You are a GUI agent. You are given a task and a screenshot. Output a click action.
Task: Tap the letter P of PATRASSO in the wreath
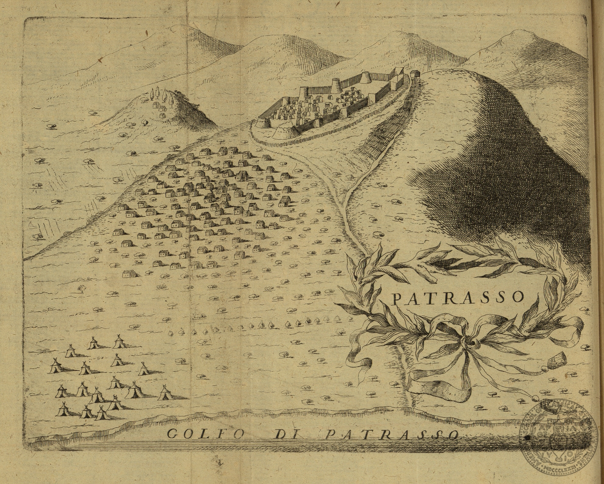pos(396,299)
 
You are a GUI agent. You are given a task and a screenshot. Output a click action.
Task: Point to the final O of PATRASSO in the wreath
pos(519,297)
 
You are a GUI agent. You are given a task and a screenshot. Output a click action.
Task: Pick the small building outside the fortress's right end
pos(415,75)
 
